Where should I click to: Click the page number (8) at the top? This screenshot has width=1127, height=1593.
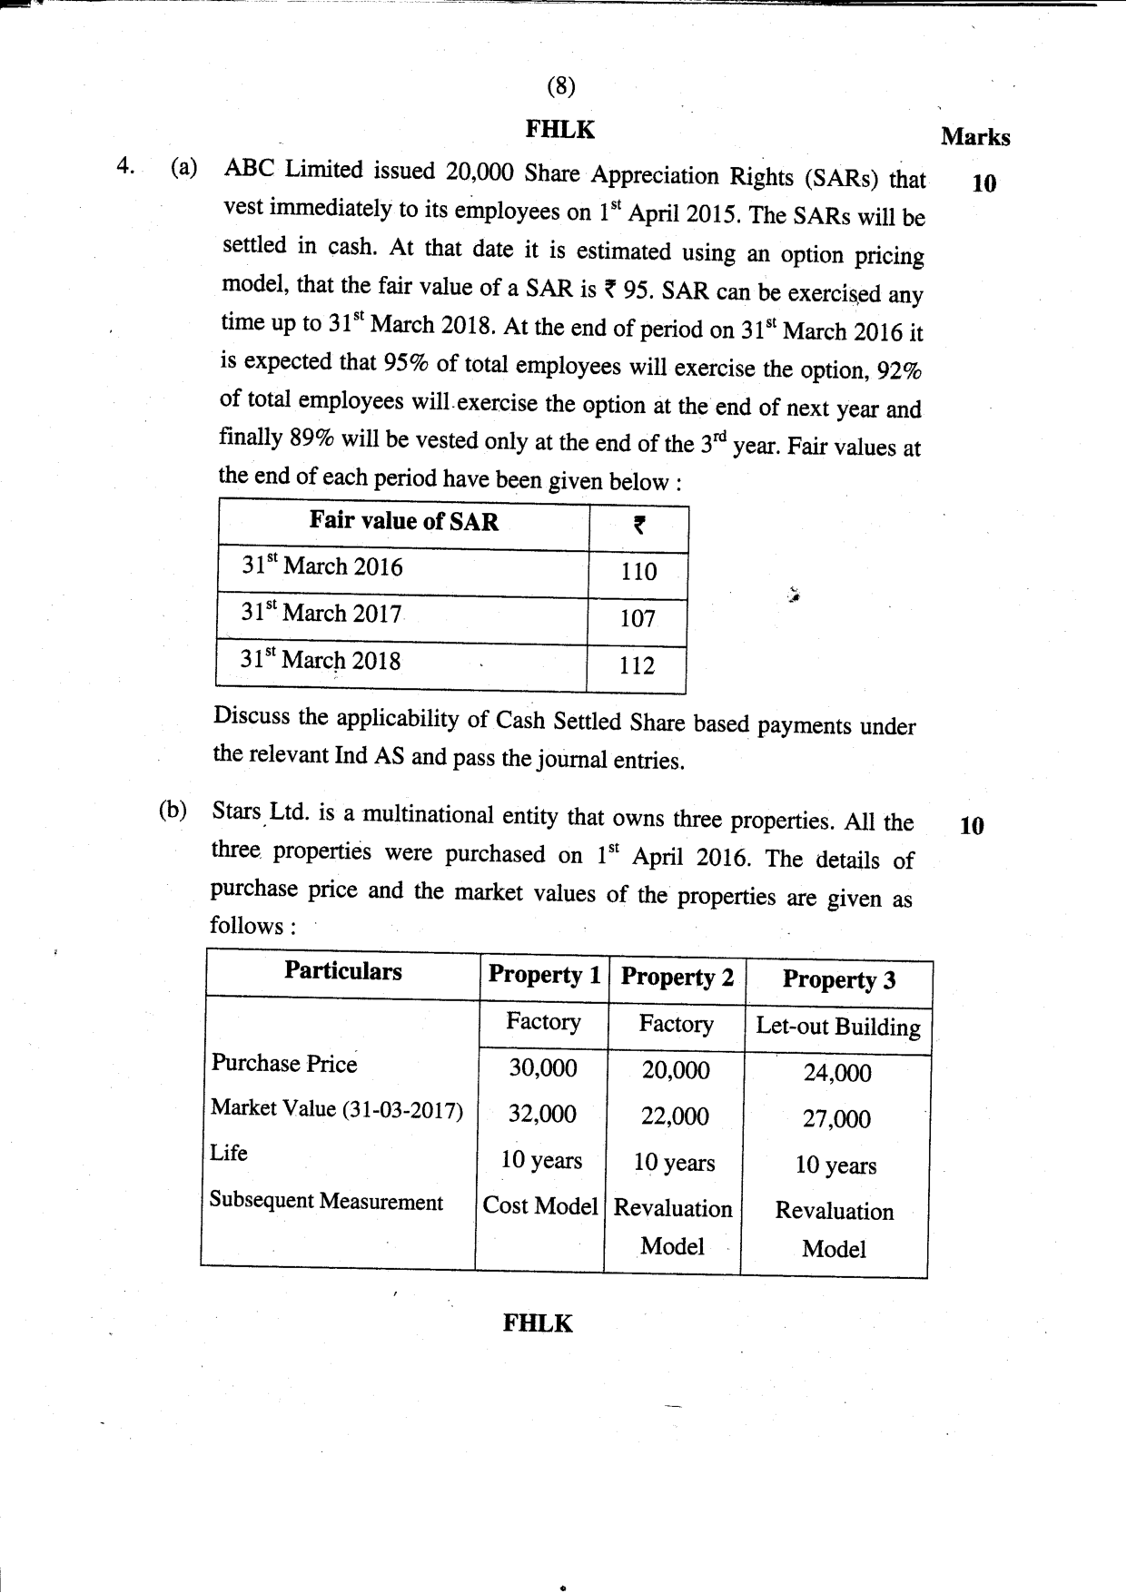point(561,86)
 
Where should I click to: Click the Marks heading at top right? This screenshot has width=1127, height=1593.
point(975,137)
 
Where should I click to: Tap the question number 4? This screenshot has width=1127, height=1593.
point(125,166)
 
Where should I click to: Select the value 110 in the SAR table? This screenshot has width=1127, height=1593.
point(638,572)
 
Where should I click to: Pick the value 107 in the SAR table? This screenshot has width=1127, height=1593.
point(638,619)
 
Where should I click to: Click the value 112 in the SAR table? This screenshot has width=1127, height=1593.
point(637,666)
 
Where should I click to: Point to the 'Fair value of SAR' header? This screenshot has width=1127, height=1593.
point(403,521)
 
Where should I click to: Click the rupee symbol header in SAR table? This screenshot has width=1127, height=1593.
point(638,525)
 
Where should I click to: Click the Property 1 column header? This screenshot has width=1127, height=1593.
point(544,975)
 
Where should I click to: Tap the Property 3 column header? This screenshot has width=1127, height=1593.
point(838,980)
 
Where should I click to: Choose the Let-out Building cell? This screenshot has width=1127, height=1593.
point(837,1028)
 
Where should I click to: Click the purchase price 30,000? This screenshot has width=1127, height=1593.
point(542,1068)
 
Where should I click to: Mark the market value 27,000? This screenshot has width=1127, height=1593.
point(835,1119)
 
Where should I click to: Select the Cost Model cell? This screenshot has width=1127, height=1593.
point(539,1206)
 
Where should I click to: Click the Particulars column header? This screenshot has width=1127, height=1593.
point(342,971)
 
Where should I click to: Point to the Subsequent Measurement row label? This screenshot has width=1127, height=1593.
point(326,1202)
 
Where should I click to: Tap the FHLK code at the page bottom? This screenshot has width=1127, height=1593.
point(538,1323)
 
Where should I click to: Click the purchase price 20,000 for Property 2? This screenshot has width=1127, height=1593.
point(676,1071)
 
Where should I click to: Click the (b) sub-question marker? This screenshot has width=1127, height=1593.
point(173,811)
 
